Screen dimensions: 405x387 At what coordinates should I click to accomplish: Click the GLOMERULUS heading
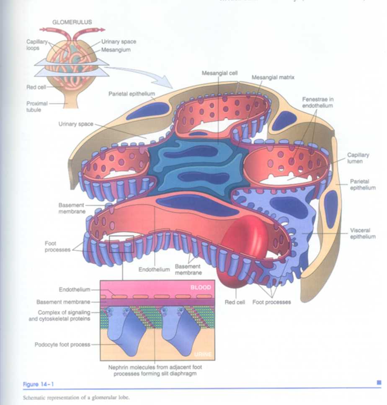click(72, 22)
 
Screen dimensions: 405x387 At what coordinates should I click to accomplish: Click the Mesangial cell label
click(219, 73)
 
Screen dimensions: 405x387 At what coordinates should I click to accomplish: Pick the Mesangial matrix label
click(273, 77)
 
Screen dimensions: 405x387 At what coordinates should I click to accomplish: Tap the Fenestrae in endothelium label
click(317, 103)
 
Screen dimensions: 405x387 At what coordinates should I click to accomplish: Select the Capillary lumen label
click(358, 157)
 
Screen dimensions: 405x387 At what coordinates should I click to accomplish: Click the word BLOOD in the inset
click(200, 288)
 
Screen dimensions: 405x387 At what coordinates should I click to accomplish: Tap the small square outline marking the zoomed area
click(121, 243)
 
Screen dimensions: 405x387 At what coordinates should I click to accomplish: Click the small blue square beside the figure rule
click(379, 382)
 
